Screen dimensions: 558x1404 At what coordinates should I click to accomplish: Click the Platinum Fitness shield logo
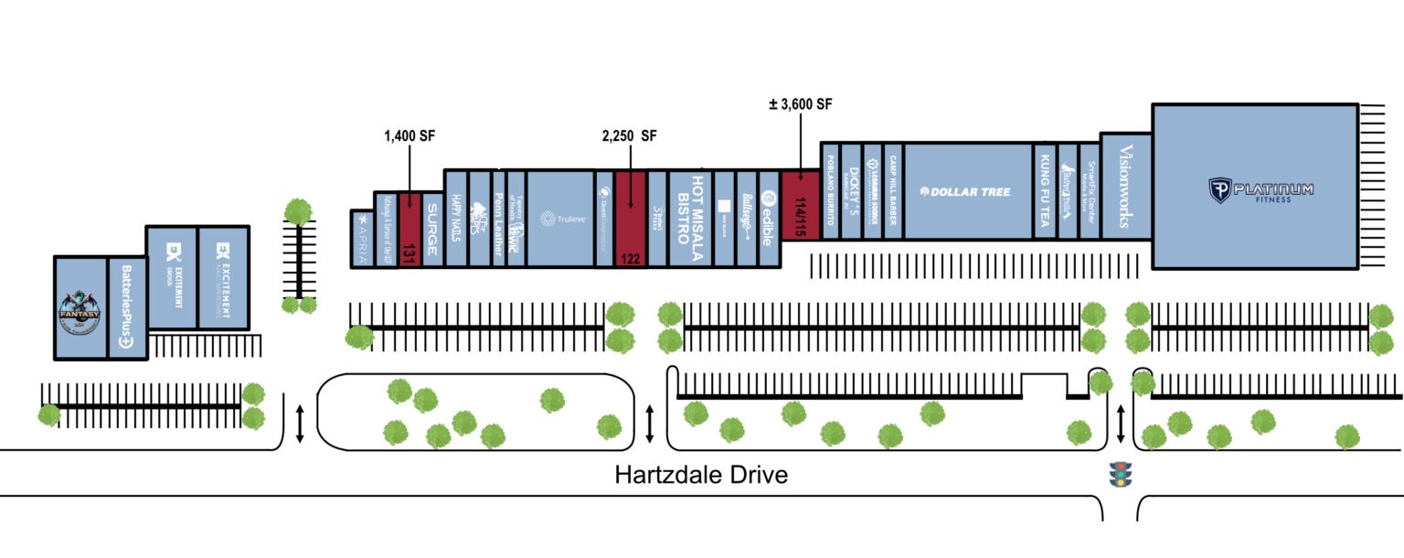pos(1219,190)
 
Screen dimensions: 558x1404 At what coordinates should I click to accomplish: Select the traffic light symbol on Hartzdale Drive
pos(1120,474)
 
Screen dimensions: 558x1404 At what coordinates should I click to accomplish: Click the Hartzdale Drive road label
pos(701,476)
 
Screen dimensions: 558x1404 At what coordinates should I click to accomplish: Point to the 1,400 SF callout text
pos(409,136)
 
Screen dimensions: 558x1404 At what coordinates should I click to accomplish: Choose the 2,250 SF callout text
pos(630,136)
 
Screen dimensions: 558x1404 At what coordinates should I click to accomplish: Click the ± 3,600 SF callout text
pos(801,104)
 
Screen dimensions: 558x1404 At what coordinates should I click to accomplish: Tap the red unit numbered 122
pos(630,220)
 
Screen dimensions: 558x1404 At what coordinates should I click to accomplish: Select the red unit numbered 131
pos(409,230)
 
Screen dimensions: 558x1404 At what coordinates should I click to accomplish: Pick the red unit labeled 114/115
pos(801,206)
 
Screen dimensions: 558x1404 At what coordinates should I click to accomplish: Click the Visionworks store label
pos(1125,188)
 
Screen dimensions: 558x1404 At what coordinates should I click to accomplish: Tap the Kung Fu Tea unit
pos(1045,191)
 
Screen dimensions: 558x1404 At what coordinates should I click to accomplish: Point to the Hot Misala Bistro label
pos(690,210)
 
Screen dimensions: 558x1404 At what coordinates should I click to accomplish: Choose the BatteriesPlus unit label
pos(127,308)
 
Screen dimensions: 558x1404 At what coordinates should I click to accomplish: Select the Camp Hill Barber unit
pos(893,191)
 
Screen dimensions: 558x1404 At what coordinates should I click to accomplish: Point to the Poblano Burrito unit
pos(830,191)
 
